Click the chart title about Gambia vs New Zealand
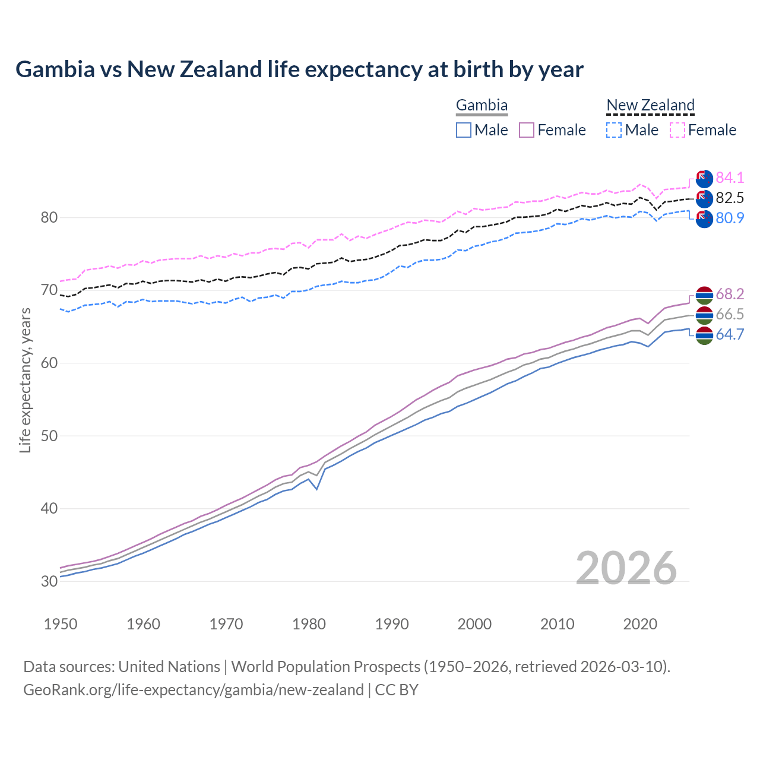300,69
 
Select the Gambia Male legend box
464,130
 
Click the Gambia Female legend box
527,130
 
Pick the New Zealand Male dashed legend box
614,130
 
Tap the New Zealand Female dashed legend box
677,130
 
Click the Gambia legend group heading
482,106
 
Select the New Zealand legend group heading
650,106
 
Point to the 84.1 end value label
730,178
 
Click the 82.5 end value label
730,198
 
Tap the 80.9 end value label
730,218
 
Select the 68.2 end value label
730,294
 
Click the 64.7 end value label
730,334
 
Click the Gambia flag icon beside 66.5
704,315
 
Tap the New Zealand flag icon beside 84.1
704,178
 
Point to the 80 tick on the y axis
49,217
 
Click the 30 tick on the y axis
49,581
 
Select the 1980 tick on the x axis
309,624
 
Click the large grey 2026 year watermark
626,568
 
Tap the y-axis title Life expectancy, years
25,380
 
